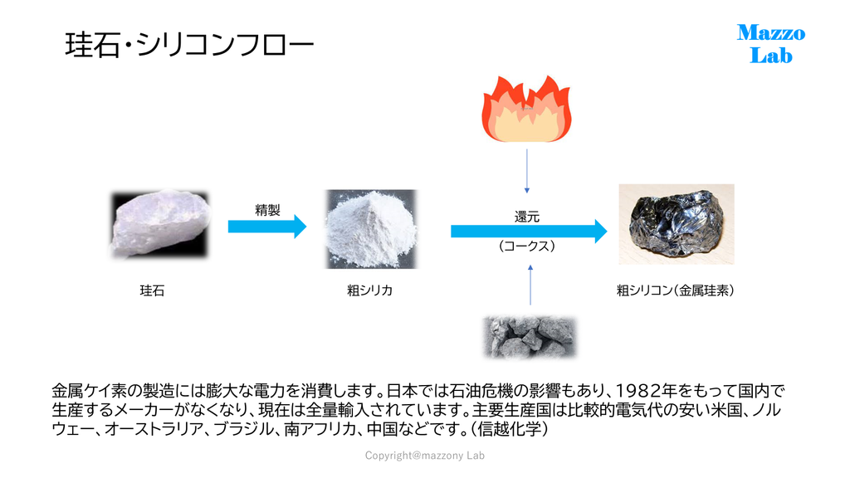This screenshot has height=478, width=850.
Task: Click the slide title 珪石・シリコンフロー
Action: (x=189, y=45)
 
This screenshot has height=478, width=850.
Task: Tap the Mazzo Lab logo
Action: (x=771, y=44)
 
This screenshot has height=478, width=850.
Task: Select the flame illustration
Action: (x=526, y=109)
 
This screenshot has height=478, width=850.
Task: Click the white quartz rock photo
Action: (x=160, y=224)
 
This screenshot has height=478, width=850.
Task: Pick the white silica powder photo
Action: (x=371, y=229)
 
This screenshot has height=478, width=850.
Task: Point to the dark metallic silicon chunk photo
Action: (x=677, y=224)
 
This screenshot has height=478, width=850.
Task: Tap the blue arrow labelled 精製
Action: (x=267, y=227)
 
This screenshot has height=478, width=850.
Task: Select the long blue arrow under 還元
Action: (x=529, y=232)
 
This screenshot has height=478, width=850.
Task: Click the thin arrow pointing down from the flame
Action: (x=527, y=171)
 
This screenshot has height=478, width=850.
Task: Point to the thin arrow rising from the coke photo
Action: (x=530, y=285)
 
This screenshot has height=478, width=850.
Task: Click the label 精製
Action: (x=268, y=210)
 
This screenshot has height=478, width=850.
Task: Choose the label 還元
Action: (x=527, y=217)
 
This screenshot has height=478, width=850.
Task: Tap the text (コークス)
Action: (x=527, y=246)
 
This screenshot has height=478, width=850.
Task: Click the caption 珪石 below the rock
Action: (x=153, y=290)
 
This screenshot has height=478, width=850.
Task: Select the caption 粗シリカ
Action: (x=369, y=290)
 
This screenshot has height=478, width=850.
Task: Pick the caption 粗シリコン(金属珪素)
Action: (x=676, y=290)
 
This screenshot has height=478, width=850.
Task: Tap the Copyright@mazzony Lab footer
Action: (x=424, y=456)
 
